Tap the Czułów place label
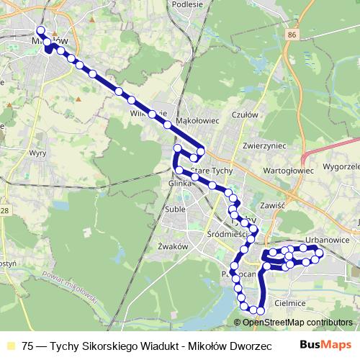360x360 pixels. pos(246,114)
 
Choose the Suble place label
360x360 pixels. pos(175,210)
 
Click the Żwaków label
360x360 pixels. pos(172,246)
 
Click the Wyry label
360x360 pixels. pos(37,153)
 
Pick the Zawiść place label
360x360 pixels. pos(274,205)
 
